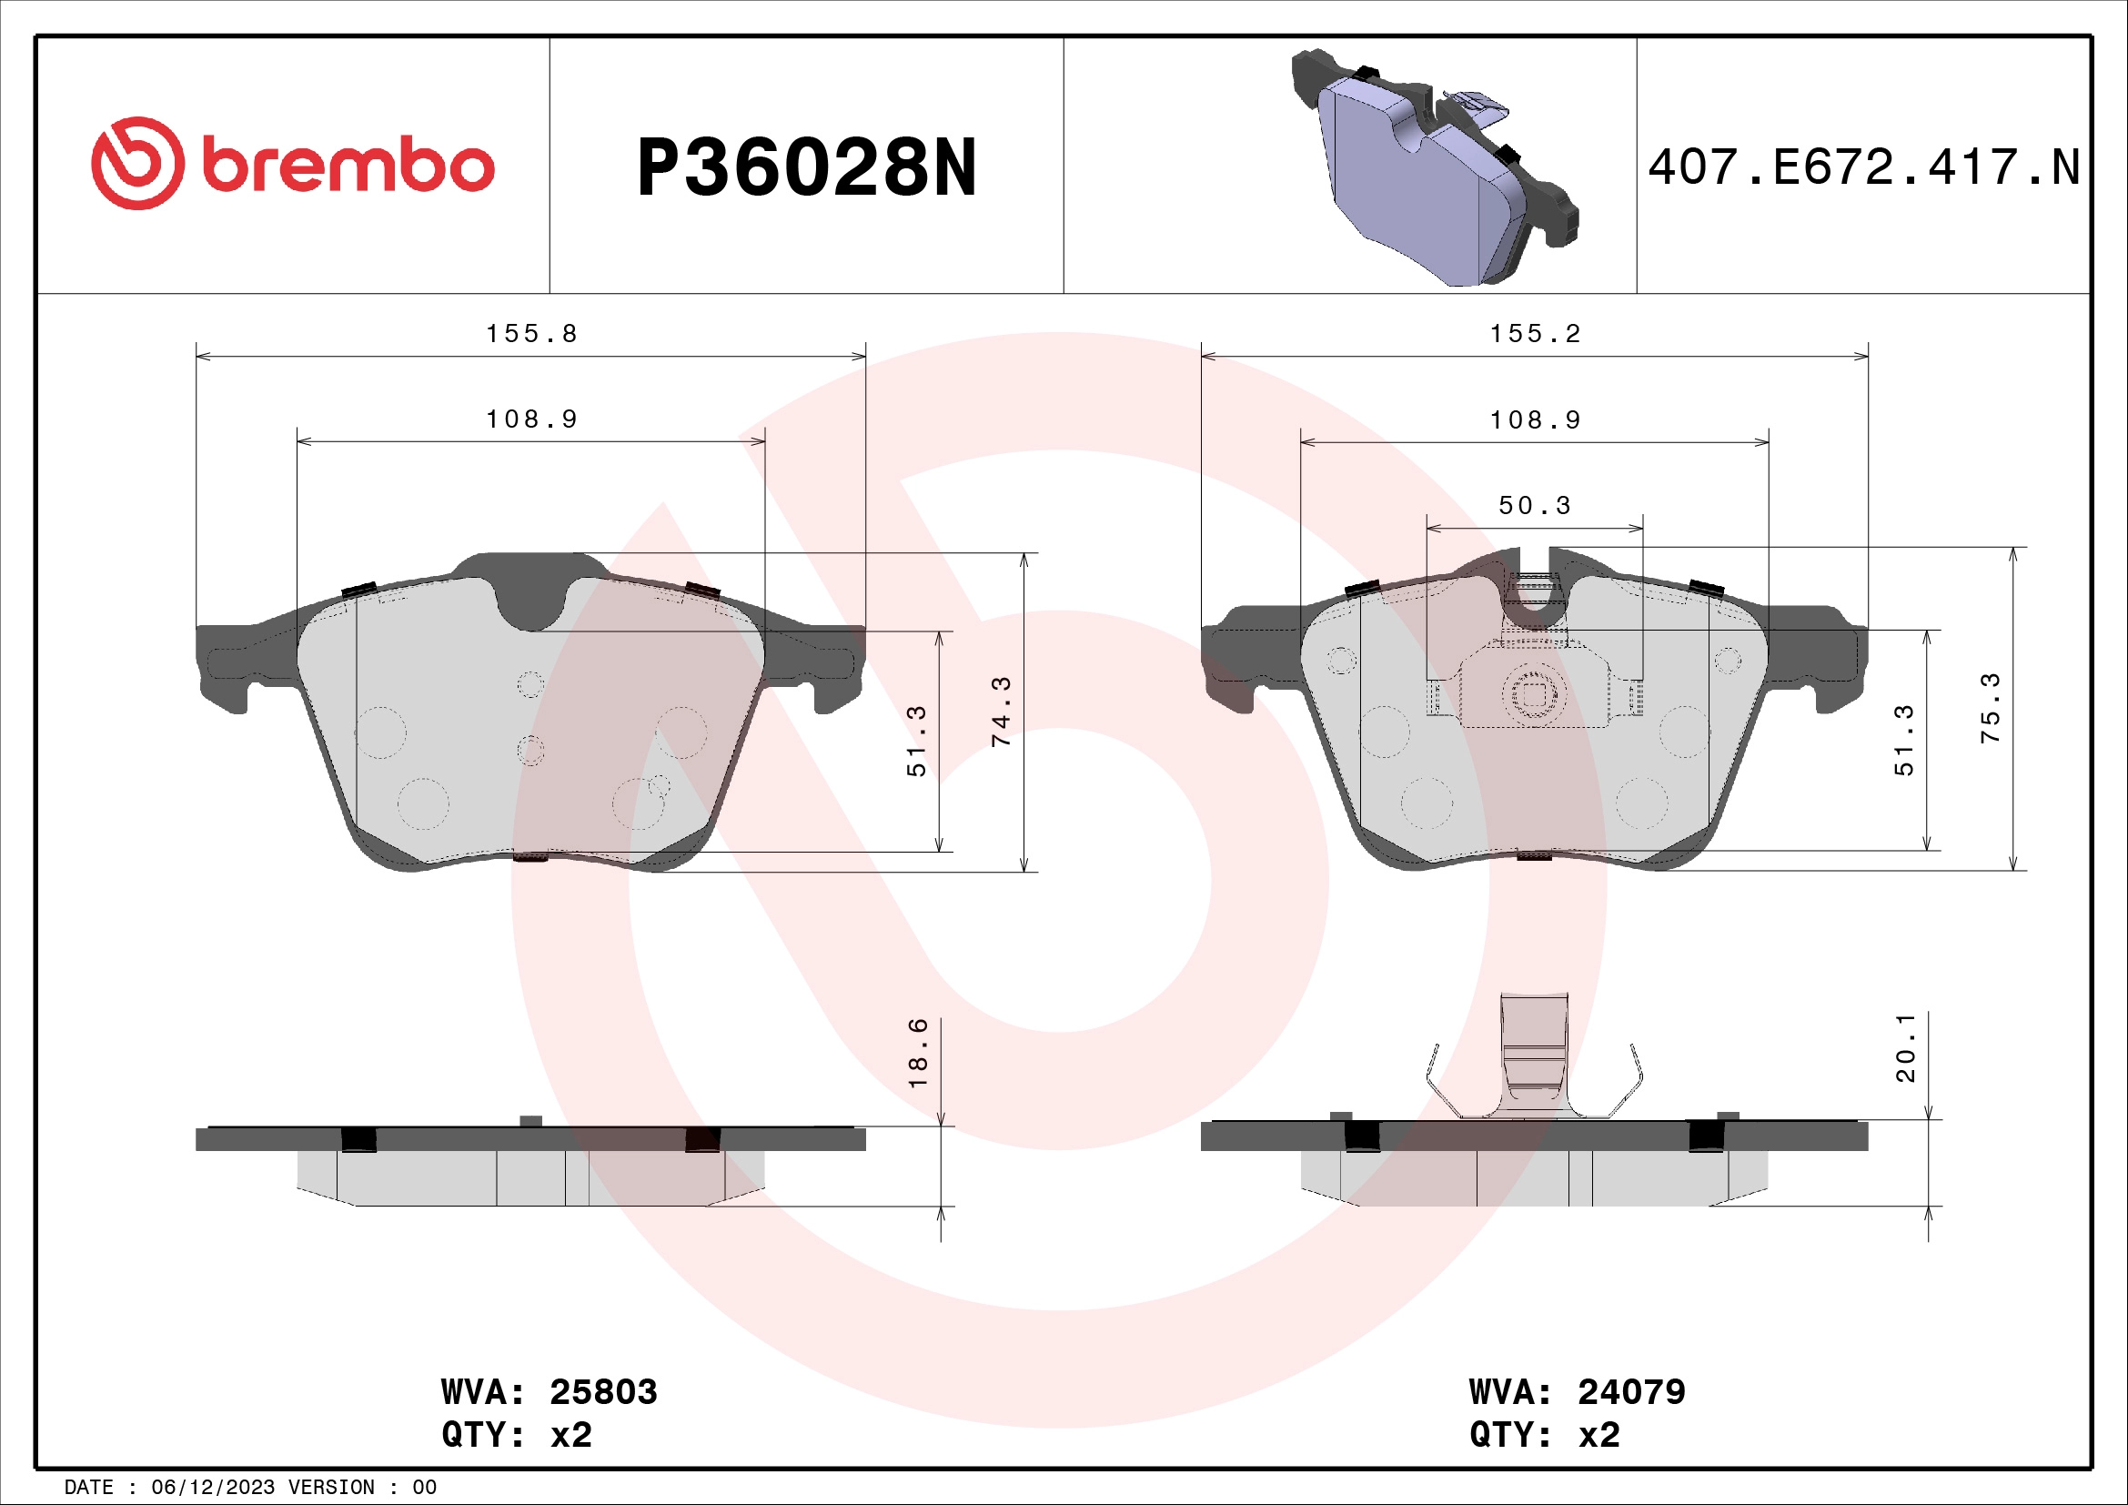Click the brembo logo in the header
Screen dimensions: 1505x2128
coord(293,164)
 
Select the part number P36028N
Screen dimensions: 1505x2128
coord(806,168)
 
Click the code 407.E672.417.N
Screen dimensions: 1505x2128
coord(1864,167)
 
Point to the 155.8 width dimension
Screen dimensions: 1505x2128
coord(531,334)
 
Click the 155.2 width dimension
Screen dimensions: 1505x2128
coord(1535,334)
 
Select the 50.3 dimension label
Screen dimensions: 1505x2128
coord(1535,506)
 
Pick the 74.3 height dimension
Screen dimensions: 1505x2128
coord(1002,712)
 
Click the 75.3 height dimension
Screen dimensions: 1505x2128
coord(1990,708)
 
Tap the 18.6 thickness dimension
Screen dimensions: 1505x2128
coord(918,1053)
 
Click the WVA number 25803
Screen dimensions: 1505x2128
coord(603,1392)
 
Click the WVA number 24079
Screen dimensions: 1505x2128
coord(1631,1392)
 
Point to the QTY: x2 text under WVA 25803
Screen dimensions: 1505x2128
coord(516,1435)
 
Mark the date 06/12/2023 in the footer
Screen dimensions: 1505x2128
coord(212,1488)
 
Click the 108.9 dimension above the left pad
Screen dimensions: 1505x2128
coord(531,419)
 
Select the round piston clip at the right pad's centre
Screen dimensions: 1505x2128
coord(1534,694)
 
